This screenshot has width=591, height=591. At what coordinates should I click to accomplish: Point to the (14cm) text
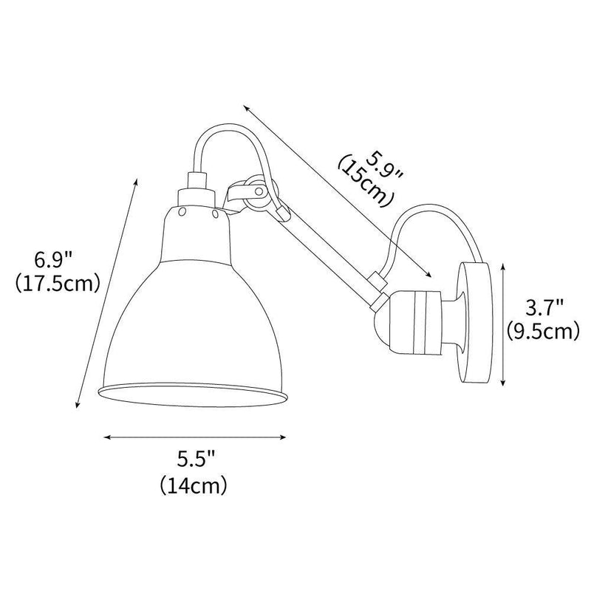pos(194,485)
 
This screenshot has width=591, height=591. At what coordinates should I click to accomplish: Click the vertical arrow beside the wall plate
pos(504,325)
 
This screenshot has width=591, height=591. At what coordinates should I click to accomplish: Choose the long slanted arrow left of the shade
pos(107,292)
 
